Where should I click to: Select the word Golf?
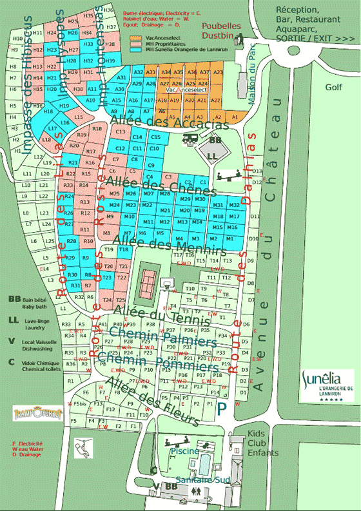(x=333, y=86)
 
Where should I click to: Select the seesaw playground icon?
(x=228, y=175)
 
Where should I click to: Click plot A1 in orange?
(x=235, y=116)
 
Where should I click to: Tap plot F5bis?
(x=81, y=403)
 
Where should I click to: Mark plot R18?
(x=98, y=129)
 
